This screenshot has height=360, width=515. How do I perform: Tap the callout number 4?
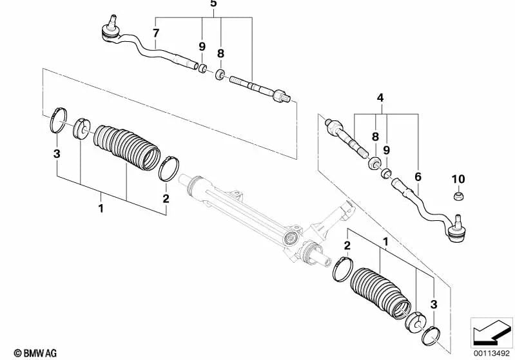(x=380, y=99)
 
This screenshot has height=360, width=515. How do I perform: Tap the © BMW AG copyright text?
(x=31, y=353)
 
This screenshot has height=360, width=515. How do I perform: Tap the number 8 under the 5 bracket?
(x=220, y=55)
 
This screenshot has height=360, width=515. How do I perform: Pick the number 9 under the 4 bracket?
(x=387, y=149)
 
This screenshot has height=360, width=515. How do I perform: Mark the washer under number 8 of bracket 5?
(x=220, y=75)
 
